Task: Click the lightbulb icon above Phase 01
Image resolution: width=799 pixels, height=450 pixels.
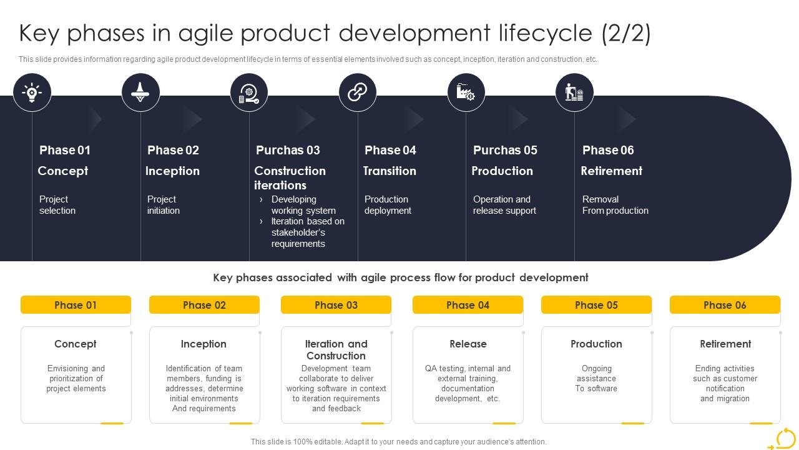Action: click(32, 92)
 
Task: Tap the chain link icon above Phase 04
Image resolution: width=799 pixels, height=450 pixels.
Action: click(357, 92)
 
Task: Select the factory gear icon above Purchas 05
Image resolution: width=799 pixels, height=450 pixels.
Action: click(466, 92)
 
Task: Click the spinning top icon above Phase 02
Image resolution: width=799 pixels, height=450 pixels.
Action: click(140, 92)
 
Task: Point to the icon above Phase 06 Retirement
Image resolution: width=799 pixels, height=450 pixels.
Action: click(574, 92)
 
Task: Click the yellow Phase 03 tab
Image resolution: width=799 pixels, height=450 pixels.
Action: click(336, 305)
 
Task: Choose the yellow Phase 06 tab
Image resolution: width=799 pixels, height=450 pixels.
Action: click(725, 305)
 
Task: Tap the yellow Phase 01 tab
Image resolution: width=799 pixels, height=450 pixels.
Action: click(76, 305)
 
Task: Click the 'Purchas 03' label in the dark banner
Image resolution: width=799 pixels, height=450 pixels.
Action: click(288, 150)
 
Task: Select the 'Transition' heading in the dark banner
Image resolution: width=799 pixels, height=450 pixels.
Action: click(390, 171)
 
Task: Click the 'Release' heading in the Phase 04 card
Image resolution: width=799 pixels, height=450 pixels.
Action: click(468, 344)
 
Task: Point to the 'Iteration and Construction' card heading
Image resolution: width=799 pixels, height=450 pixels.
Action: click(336, 349)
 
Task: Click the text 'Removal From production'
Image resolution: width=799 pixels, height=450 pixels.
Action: click(615, 205)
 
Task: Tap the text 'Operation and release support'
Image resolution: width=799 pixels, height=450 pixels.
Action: click(504, 205)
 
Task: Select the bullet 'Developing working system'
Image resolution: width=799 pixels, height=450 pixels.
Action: click(303, 205)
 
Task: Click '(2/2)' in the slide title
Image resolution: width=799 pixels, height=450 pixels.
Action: click(626, 33)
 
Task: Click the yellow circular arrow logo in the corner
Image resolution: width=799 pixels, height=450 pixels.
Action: click(784, 439)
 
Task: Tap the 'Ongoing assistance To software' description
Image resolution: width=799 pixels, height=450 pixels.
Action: click(596, 378)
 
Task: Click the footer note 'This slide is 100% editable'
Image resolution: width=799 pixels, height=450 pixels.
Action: click(398, 441)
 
